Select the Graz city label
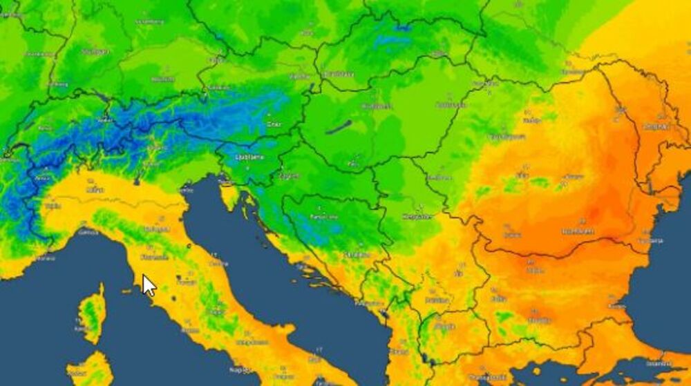[274, 124]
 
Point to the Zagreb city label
[288, 175]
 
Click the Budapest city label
[377, 106]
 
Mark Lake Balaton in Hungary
[339, 127]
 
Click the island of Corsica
[92, 314]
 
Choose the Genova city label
[88, 233]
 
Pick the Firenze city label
[155, 257]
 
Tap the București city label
[577, 231]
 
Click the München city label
[163, 79]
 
